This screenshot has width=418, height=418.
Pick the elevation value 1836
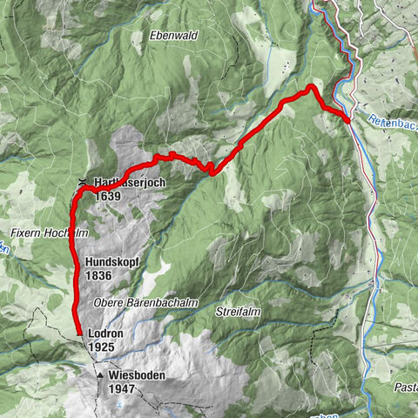[x=99, y=275]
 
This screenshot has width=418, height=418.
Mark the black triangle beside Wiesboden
[x=101, y=375]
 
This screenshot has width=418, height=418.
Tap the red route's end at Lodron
[x=79, y=334]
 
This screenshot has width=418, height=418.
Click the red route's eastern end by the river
[x=347, y=120]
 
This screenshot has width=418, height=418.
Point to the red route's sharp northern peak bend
[x=310, y=86]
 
